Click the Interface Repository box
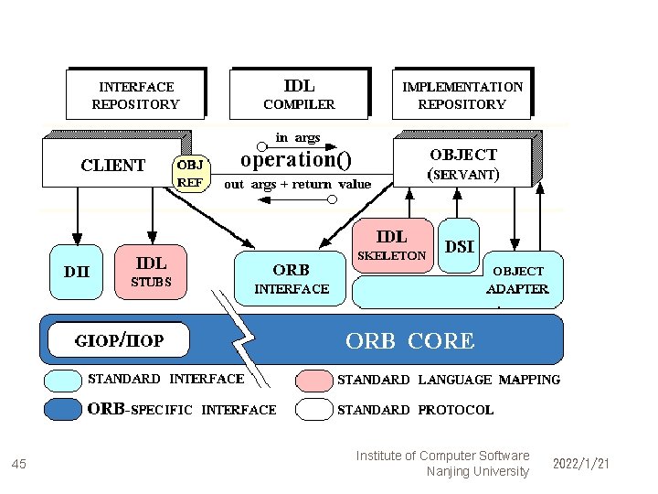pyautogui.click(x=135, y=95)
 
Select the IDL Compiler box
pyautogui.click(x=300, y=93)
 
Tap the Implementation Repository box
pyautogui.click(x=462, y=95)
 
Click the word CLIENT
pyautogui.click(x=112, y=166)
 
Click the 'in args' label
pyautogui.click(x=298, y=137)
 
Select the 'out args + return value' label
pyautogui.click(x=298, y=184)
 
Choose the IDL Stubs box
pyautogui.click(x=151, y=271)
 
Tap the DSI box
pyautogui.click(x=459, y=245)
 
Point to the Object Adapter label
pyautogui.click(x=518, y=280)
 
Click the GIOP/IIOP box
pyautogui.click(x=119, y=340)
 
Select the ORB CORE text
pyautogui.click(x=409, y=341)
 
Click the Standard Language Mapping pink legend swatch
pyautogui.click(x=313, y=379)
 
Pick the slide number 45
pyautogui.click(x=19, y=465)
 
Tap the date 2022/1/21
pyautogui.click(x=580, y=465)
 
